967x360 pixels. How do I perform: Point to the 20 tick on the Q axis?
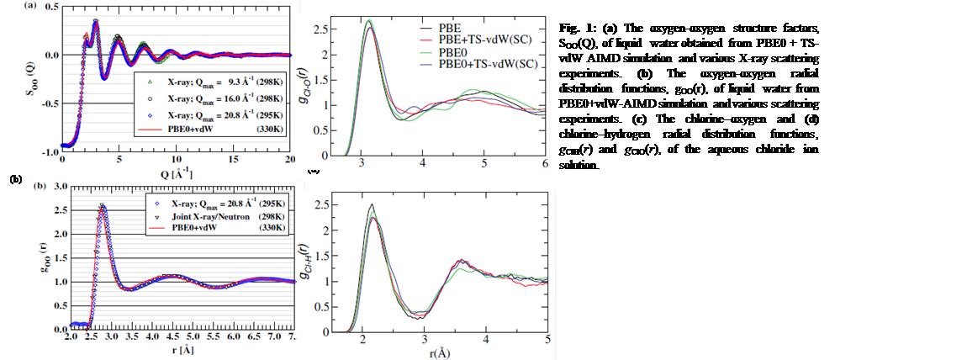[x=289, y=160]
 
